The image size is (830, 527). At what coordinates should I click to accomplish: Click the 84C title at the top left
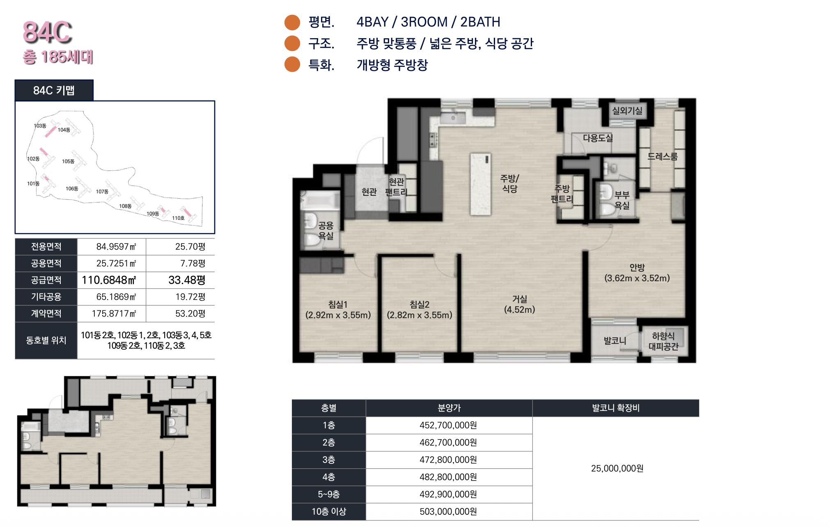click(x=47, y=32)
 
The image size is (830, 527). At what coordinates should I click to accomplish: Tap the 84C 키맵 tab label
click(x=54, y=90)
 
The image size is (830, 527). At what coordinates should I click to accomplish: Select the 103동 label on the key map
click(x=40, y=126)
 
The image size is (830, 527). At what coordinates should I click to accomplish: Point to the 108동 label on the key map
click(x=125, y=206)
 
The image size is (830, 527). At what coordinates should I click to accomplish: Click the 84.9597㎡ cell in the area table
click(x=116, y=247)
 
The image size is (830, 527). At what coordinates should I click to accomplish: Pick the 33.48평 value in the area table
click(x=187, y=280)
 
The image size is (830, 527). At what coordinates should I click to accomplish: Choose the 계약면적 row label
click(x=46, y=314)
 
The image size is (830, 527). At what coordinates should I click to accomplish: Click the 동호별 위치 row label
click(x=46, y=340)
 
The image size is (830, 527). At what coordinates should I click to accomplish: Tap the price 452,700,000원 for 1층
click(x=448, y=425)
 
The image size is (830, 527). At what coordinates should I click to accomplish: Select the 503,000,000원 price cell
click(x=448, y=511)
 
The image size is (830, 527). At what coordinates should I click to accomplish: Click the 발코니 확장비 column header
click(x=616, y=408)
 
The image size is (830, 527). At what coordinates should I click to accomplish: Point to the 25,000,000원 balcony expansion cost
click(x=617, y=468)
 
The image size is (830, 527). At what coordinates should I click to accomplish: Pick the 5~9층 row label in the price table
click(x=329, y=494)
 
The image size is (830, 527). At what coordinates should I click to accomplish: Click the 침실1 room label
click(x=338, y=305)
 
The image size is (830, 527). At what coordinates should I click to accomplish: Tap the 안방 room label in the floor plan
click(x=637, y=268)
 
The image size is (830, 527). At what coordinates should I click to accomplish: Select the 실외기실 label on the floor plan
click(x=627, y=111)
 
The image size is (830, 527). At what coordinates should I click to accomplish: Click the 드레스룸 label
click(x=663, y=156)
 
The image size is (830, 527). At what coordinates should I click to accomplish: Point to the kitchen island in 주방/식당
click(x=481, y=184)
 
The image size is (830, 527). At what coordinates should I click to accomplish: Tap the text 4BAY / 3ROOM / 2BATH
click(x=429, y=22)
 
